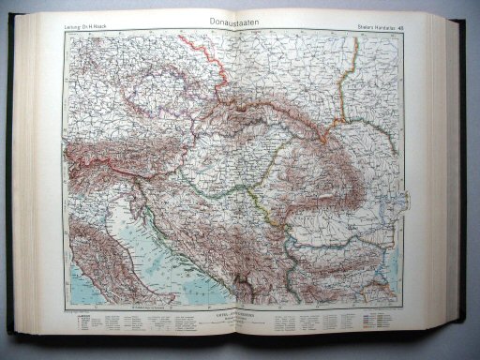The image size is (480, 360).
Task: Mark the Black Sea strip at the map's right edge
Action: pos(418,225)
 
